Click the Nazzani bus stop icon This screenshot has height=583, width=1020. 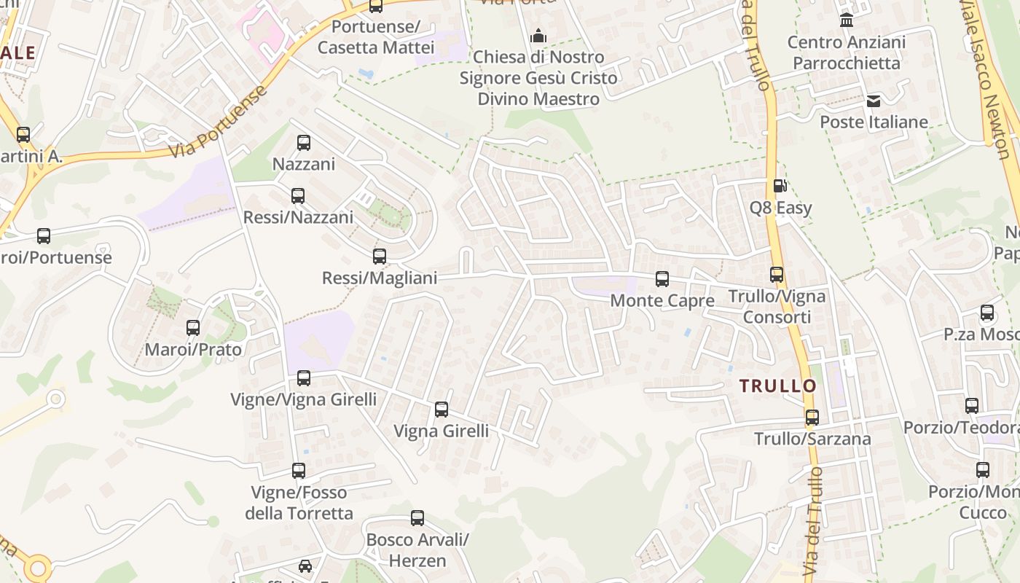[x=304, y=143]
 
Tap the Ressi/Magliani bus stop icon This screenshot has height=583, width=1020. [x=380, y=257]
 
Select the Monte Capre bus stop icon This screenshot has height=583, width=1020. [x=662, y=278]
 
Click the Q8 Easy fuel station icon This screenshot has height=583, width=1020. [x=780, y=186]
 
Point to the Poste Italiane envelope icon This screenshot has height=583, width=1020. [x=874, y=101]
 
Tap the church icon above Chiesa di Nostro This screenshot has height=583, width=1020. [x=538, y=35]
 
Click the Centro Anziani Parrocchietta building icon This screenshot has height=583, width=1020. [x=847, y=20]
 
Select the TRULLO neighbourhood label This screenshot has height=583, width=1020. [x=778, y=386]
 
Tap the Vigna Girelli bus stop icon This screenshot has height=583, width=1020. [x=442, y=410]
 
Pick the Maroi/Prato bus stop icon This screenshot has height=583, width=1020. [x=193, y=328]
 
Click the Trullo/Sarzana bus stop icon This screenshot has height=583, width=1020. [x=812, y=418]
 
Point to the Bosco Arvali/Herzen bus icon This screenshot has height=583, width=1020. [x=417, y=518]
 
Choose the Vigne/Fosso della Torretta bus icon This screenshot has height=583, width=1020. [x=299, y=471]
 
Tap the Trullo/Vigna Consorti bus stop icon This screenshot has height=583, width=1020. [x=777, y=275]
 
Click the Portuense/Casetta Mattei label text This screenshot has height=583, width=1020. [x=376, y=37]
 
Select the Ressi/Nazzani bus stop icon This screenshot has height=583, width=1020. [x=298, y=196]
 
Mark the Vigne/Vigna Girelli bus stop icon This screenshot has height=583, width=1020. [x=304, y=378]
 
